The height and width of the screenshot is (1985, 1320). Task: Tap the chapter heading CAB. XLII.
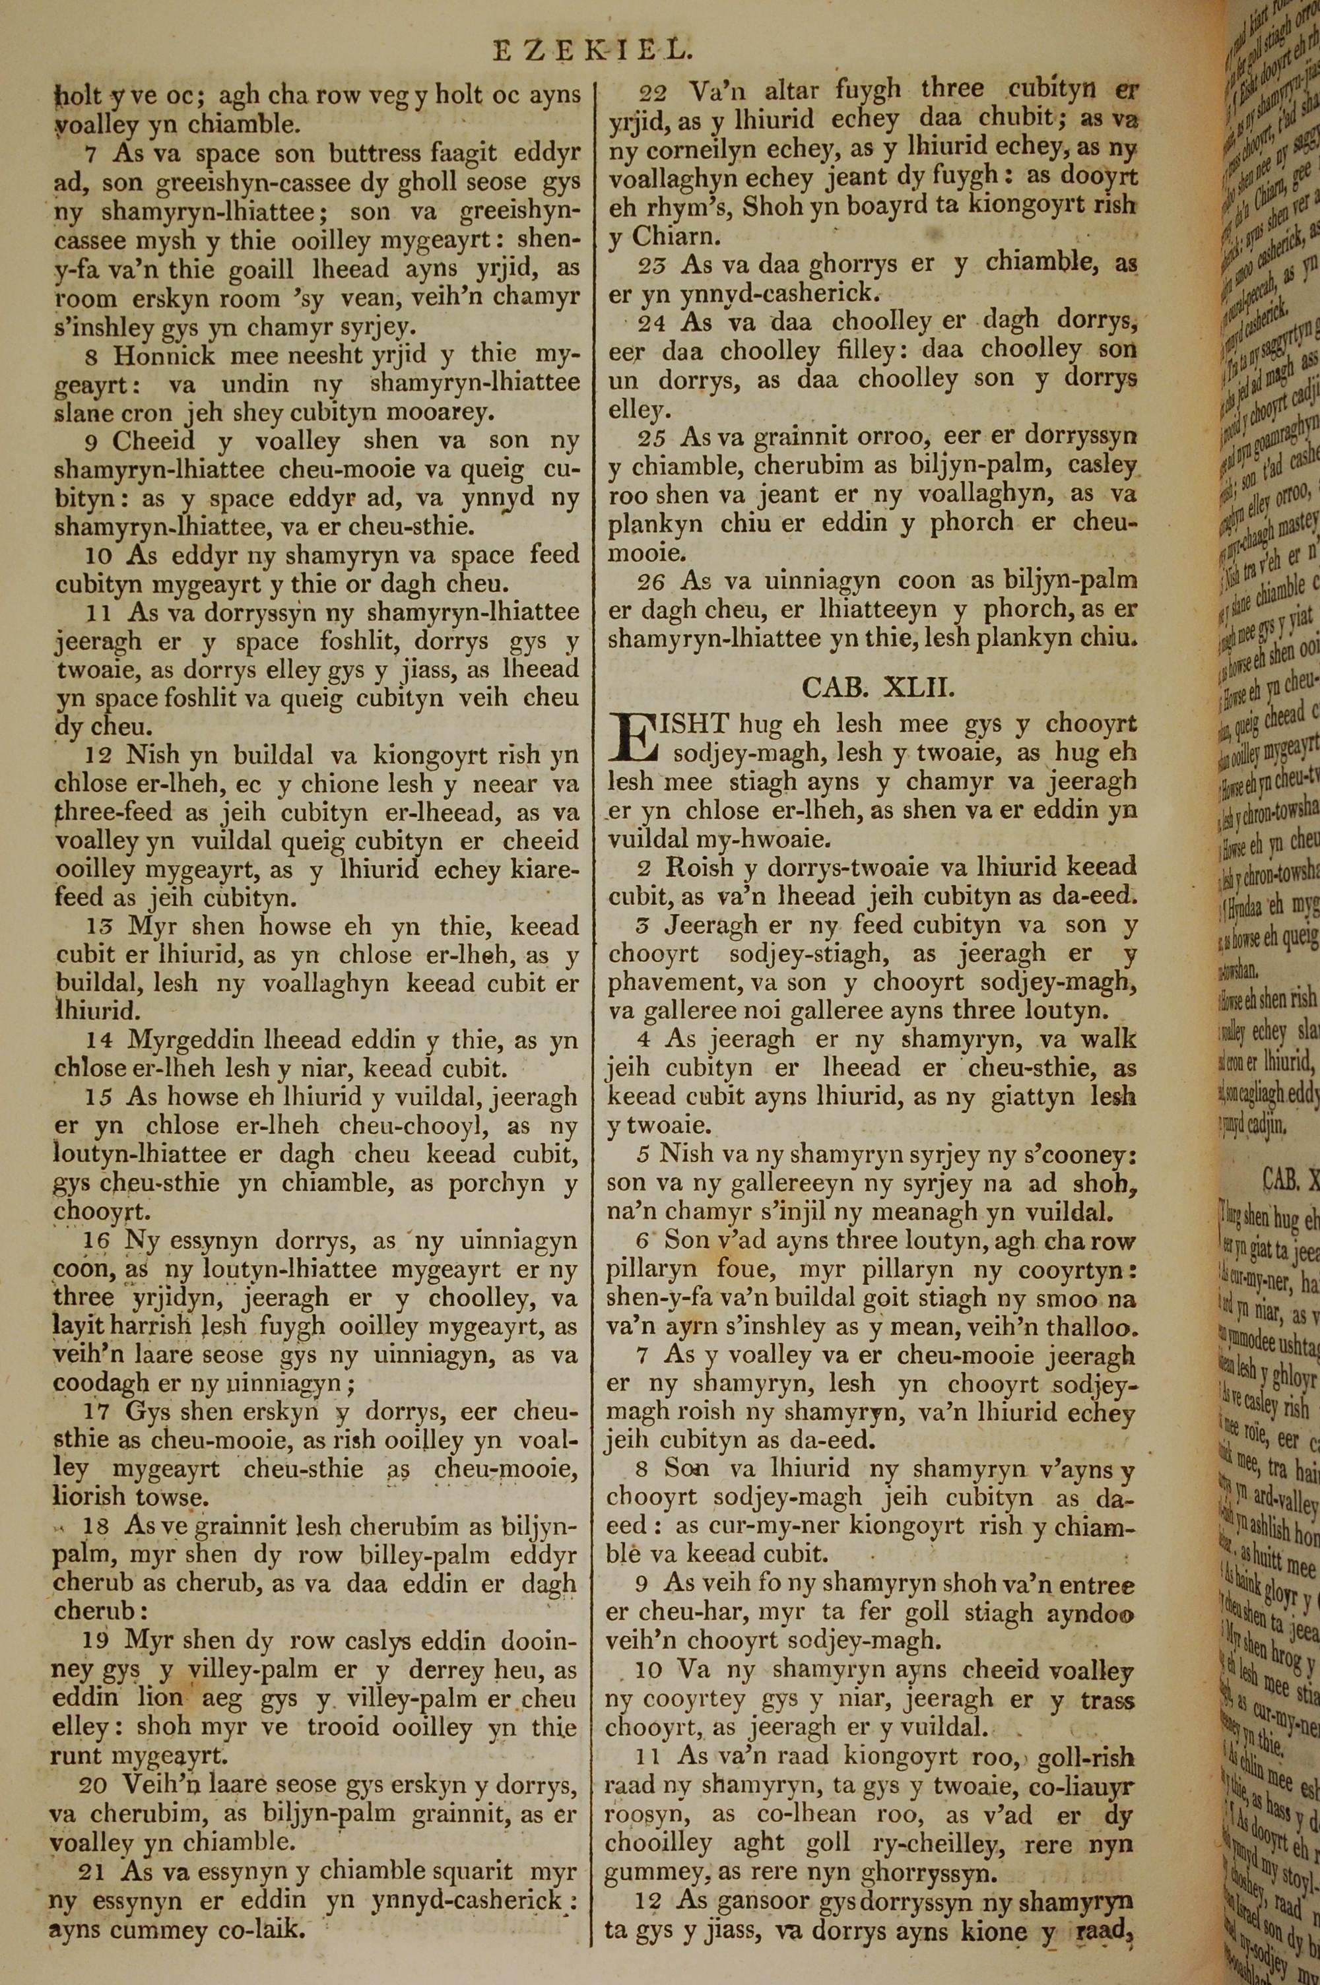(877, 688)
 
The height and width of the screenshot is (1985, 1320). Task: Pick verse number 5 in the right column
(644, 1154)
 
